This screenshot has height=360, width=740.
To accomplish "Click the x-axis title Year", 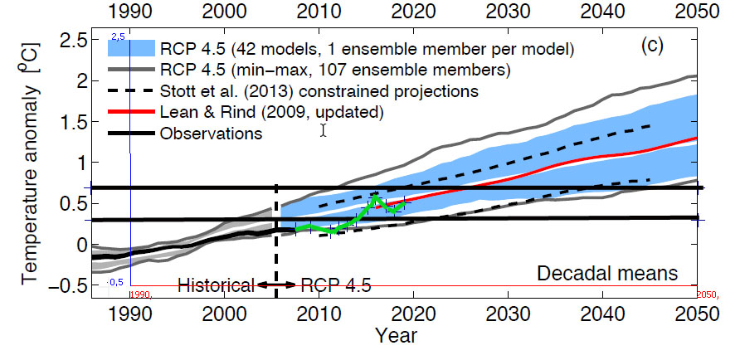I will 396,337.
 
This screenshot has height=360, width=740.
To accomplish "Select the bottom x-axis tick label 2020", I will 412,314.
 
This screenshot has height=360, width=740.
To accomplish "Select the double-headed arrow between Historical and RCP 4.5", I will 275,285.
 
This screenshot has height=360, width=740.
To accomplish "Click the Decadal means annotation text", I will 607,273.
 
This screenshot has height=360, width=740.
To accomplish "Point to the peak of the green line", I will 377,197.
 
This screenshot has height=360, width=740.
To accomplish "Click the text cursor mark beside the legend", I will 323,130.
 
